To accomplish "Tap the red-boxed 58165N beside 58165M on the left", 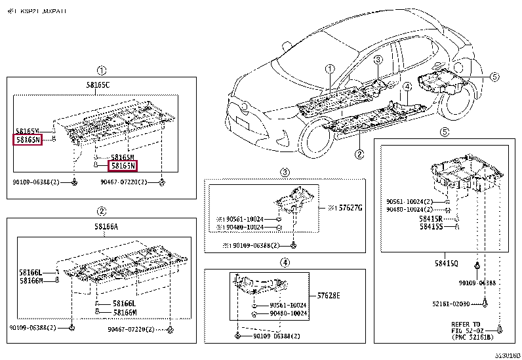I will (28, 140).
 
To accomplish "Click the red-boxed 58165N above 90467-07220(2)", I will (123, 167).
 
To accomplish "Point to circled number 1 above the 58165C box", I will (101, 70).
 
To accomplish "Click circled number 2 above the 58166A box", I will (101, 210).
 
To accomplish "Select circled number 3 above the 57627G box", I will (285, 172).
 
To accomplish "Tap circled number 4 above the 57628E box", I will (285, 263).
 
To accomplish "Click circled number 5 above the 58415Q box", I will (444, 132).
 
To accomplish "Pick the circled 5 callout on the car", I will (494, 77).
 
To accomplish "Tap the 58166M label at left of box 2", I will (30, 281).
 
